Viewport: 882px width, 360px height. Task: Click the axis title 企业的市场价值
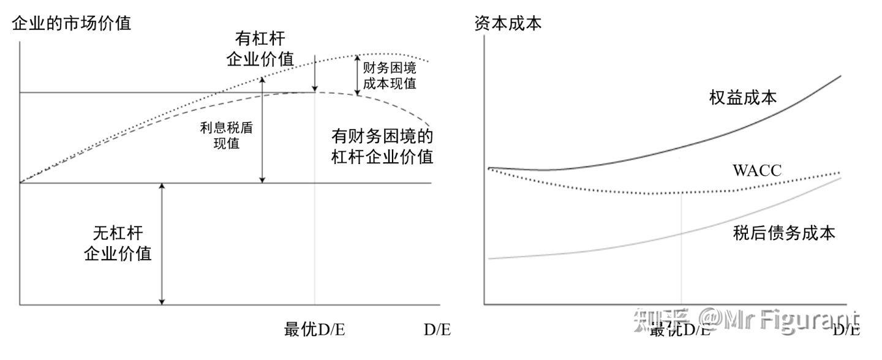tap(71, 24)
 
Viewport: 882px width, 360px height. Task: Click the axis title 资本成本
tap(508, 24)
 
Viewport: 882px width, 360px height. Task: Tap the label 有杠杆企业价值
tap(260, 49)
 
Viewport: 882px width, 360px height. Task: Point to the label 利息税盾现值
tap(227, 136)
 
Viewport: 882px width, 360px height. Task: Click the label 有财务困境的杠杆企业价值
tap(382, 146)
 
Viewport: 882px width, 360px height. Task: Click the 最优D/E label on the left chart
tap(314, 329)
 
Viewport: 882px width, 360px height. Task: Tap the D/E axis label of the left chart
tap(437, 329)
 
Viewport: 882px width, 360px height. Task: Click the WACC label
tap(757, 171)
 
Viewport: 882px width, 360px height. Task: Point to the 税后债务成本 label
tap(784, 233)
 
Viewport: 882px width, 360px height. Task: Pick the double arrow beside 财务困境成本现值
tap(358, 75)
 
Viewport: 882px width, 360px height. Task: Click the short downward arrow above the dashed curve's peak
tap(314, 73)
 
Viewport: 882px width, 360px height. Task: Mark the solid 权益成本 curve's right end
tap(840, 77)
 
